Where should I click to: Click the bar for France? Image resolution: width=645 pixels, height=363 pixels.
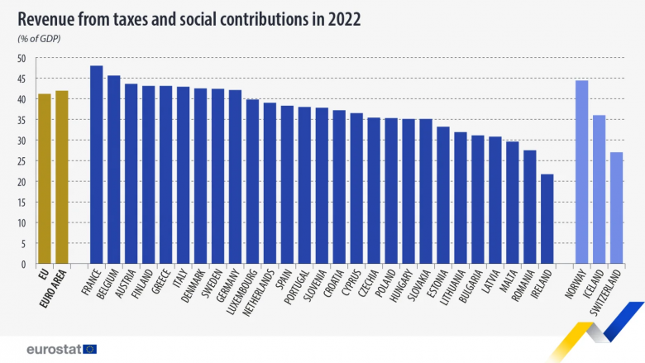point(96,165)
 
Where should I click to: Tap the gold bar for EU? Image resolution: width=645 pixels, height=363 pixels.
point(44,179)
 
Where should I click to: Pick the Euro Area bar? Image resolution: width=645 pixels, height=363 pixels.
point(61,177)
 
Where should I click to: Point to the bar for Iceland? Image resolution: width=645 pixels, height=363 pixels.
point(600,189)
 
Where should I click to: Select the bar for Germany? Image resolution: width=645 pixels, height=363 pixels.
point(235,177)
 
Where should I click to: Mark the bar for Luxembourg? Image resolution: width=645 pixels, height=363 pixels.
point(252,182)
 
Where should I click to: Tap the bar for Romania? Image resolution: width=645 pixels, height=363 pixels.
point(530,207)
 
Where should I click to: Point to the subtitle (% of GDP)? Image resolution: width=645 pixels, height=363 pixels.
point(39,39)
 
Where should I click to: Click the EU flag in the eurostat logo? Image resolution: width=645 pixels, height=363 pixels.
point(89,348)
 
